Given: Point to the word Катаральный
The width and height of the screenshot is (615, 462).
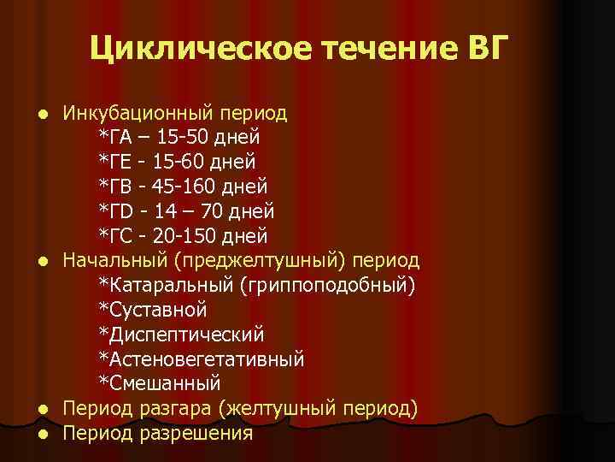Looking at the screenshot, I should (x=163, y=284).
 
